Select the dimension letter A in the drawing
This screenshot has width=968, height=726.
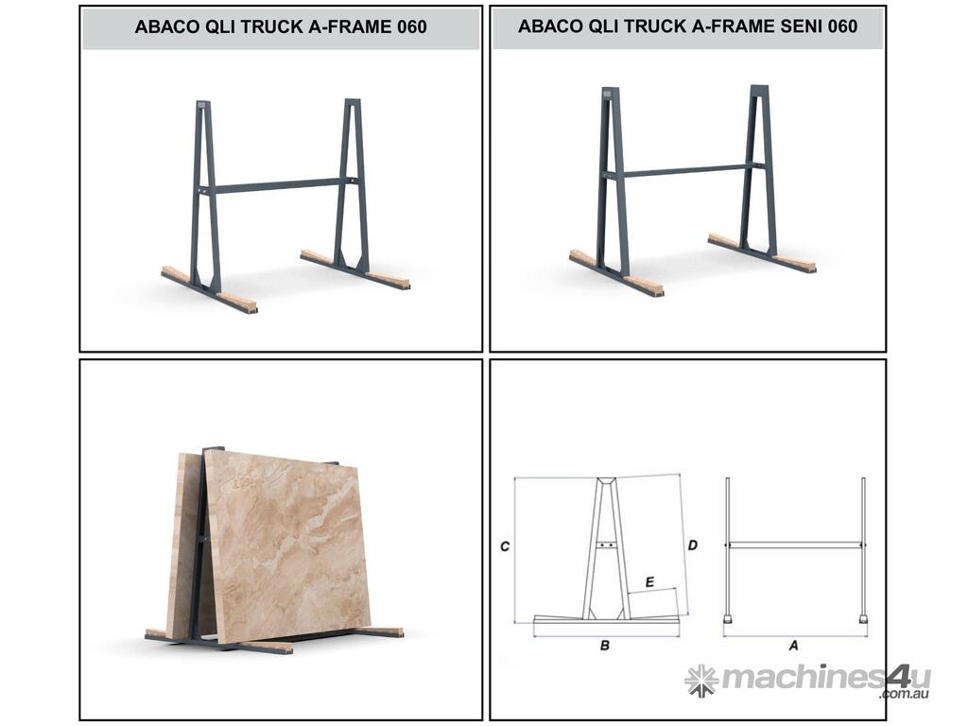coord(794,646)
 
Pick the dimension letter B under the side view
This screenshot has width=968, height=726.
coord(605,646)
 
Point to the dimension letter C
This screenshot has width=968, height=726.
coord(505,546)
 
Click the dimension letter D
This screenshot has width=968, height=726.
coord(693,545)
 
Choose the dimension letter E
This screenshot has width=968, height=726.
coord(649,582)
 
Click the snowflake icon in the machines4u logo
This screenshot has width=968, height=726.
coord(701,681)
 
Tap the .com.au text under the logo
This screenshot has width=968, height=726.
coord(905,695)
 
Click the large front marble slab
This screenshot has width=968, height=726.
coord(287,545)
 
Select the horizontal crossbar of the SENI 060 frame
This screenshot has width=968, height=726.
coord(684,170)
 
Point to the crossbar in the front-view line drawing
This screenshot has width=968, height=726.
coord(795,545)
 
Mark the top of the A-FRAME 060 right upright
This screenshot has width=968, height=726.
coord(353,101)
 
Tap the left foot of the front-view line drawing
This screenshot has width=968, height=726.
coord(729,618)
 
